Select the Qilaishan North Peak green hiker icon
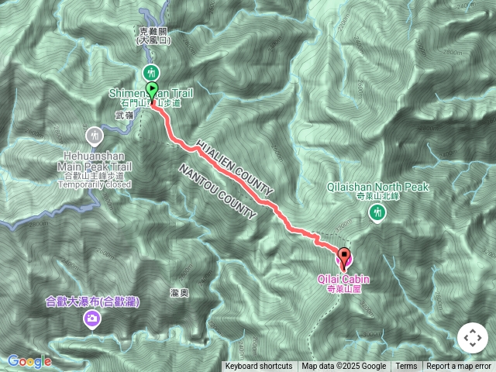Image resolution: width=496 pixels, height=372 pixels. coord(378,212)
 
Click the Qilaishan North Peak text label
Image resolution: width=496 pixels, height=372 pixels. coord(378,187)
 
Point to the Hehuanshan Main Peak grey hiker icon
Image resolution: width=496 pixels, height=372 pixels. coord(95,136)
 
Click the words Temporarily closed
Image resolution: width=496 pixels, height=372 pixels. coord(95,184)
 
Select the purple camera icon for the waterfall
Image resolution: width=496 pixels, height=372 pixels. coord(91,318)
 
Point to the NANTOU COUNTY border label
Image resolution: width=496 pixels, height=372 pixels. coord(218,191)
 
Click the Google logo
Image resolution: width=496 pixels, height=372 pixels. coord(29,361)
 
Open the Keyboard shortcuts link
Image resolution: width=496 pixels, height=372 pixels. coord(259,367)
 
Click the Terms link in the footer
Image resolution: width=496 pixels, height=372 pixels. coord(406,367)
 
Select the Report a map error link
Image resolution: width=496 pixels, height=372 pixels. coord(460,367)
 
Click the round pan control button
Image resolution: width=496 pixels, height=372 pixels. coord(472,338)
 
